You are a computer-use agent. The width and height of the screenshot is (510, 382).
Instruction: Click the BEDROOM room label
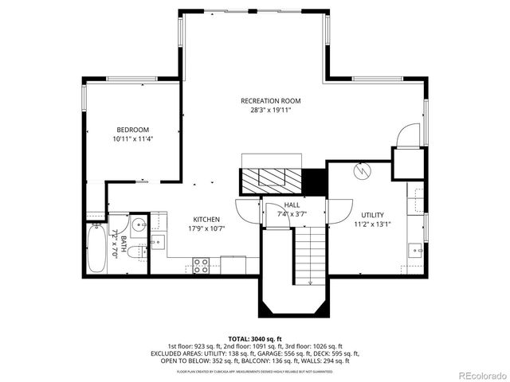[132, 130]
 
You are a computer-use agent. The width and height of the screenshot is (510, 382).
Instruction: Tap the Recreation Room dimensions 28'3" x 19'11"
[271, 111]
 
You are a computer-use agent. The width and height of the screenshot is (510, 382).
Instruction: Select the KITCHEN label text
[206, 220]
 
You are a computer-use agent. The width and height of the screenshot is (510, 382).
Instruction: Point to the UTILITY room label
[372, 215]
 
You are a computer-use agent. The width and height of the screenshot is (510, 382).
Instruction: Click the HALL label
[291, 205]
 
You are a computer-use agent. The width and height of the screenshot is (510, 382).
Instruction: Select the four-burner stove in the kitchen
[201, 265]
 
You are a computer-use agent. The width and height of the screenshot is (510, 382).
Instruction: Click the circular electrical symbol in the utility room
[363, 170]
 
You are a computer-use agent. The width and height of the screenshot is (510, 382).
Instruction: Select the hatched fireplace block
[269, 179]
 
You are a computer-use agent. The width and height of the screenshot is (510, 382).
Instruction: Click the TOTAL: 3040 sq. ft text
[254, 337]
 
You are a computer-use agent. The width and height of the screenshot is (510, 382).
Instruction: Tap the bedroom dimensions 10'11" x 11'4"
[132, 139]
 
